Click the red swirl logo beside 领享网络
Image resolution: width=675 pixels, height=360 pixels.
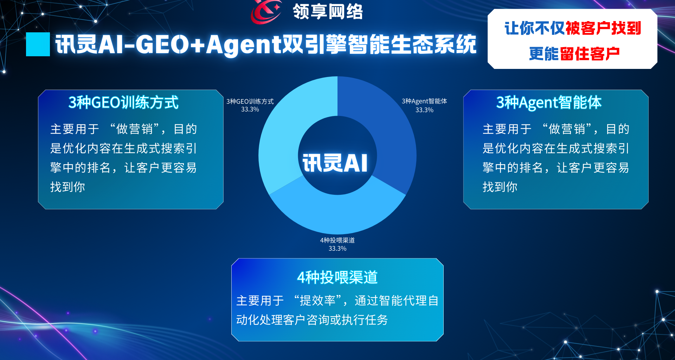click(266, 11)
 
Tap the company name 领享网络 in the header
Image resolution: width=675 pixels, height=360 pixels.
click(328, 11)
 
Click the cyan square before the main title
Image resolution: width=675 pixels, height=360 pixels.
click(38, 44)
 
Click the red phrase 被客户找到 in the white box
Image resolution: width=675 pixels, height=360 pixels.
click(603, 28)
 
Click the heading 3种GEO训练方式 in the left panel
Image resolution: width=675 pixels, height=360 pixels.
click(123, 102)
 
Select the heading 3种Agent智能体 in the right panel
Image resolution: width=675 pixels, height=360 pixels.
click(549, 102)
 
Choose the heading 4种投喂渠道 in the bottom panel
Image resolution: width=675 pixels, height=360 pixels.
click(337, 277)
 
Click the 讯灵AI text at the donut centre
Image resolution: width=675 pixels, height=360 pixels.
click(335, 163)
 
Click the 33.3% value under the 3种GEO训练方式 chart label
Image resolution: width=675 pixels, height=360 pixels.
click(250, 109)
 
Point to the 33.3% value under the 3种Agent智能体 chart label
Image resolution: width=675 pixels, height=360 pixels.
click(424, 110)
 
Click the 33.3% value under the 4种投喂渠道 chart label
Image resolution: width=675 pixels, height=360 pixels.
click(337, 249)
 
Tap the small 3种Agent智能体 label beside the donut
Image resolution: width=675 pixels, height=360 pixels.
click(424, 101)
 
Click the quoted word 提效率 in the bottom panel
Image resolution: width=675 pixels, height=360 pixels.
click(318, 301)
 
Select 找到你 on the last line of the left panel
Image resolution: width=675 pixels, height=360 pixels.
click(67, 187)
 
